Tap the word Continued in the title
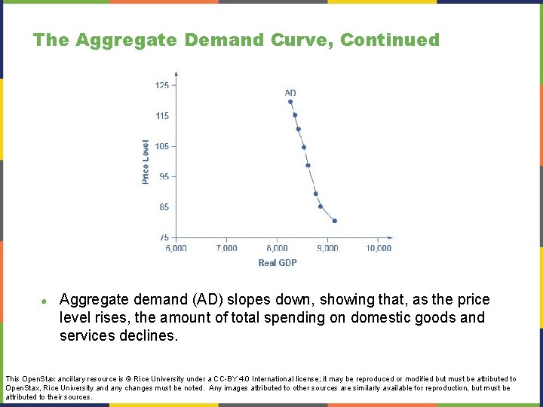coord(390,40)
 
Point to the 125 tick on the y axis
coord(162,85)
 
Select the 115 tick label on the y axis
coord(162,116)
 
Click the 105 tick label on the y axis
coord(162,146)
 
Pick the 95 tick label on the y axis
coord(164,176)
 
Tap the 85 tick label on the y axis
coord(164,207)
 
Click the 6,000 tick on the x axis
coord(176,248)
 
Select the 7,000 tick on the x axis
coord(227,248)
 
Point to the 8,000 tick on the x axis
coord(278,248)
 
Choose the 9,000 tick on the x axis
coord(328,248)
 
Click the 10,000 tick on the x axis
coord(379,248)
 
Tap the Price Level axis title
coord(146,161)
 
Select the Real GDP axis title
coord(278,262)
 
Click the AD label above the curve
coord(290,93)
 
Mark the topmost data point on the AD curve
coord(290,102)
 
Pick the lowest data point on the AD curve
coord(334,221)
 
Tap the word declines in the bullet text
coord(149,335)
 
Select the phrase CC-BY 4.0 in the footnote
coord(216,379)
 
